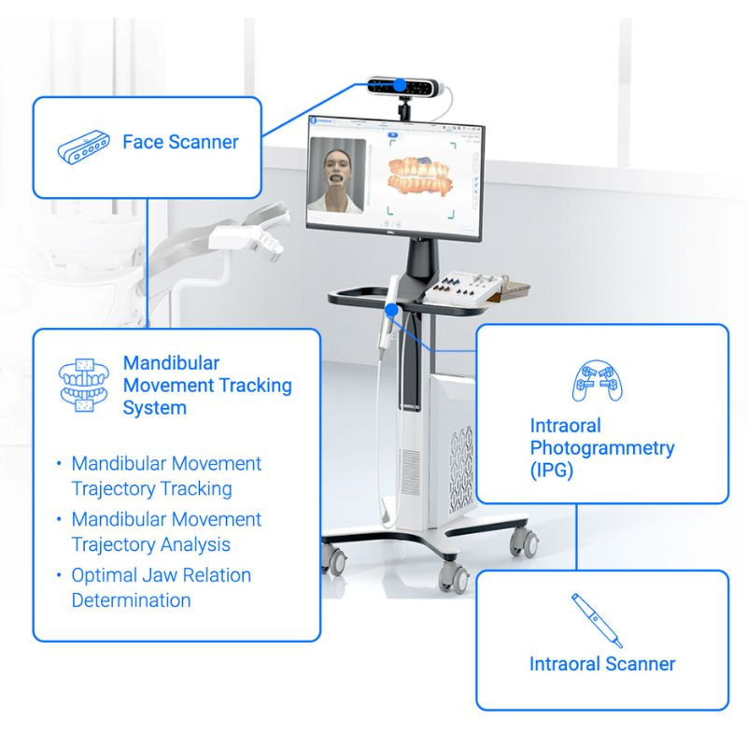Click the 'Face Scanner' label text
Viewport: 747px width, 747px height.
click(180, 142)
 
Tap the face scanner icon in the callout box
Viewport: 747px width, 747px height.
click(84, 147)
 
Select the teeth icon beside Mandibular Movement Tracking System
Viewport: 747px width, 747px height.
click(84, 386)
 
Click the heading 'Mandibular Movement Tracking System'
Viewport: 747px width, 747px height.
click(207, 386)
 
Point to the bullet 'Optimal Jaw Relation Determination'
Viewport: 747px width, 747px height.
click(161, 587)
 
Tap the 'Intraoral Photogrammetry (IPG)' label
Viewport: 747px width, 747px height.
click(602, 448)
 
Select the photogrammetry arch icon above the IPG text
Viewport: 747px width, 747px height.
click(598, 381)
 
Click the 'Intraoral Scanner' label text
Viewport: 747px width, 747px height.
click(602, 664)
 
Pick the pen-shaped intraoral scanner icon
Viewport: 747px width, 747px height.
click(597, 620)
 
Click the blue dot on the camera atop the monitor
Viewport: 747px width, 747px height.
click(401, 85)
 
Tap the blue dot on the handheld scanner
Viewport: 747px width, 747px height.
click(391, 311)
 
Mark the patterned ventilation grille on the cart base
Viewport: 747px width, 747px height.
click(461, 470)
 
